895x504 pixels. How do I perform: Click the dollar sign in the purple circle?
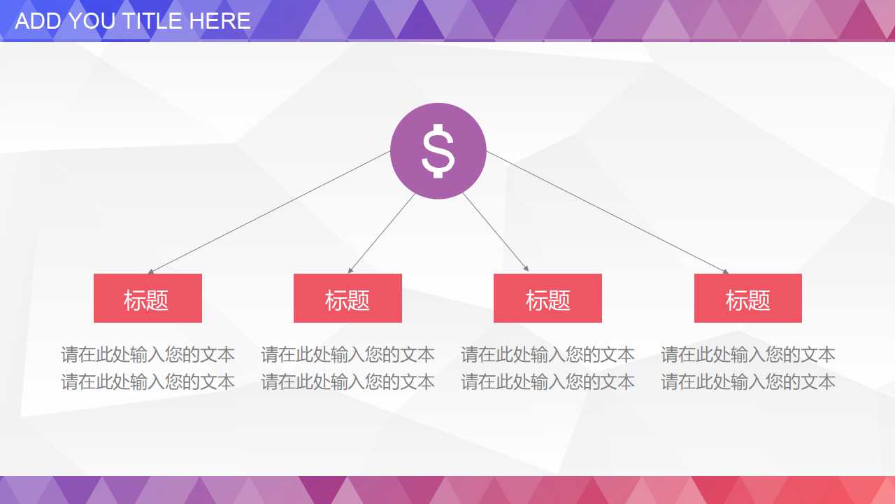point(438,150)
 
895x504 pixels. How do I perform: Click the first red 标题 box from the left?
point(148,298)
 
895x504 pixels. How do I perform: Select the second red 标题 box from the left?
point(348,298)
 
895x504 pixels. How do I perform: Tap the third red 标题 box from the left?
point(547,298)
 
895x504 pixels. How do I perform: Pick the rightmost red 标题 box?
point(747,298)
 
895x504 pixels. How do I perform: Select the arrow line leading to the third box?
point(495,232)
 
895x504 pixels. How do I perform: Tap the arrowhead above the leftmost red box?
point(150,271)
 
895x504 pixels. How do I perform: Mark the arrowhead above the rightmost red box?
point(726,271)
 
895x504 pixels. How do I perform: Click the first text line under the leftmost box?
point(148,355)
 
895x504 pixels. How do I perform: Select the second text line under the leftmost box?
point(148,382)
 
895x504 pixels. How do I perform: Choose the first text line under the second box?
point(348,355)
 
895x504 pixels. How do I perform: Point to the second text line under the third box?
point(547,382)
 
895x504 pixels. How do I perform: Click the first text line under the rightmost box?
point(747,355)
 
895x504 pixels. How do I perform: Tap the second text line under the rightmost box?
point(747,382)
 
